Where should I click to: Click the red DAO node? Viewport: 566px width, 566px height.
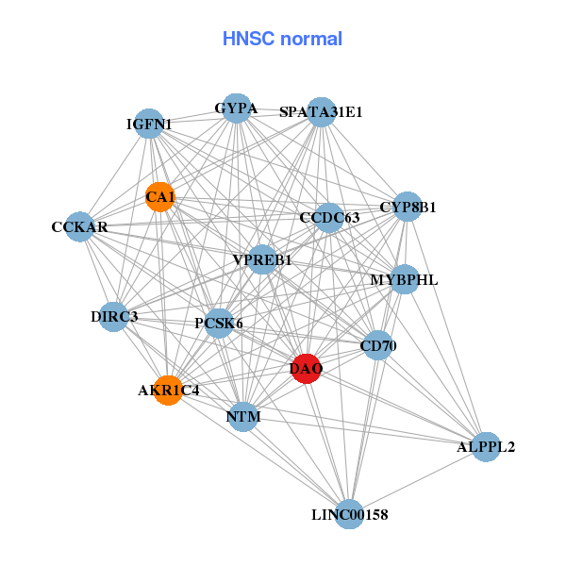[x=306, y=369]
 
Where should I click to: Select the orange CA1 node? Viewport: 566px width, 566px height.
[x=160, y=196]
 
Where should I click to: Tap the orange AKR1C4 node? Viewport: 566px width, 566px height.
[x=168, y=390]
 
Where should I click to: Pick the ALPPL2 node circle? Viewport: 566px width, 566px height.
[x=485, y=446]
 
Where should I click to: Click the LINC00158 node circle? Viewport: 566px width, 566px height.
[x=350, y=514]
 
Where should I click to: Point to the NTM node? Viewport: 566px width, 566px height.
[x=243, y=416]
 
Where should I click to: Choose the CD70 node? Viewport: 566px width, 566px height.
[x=377, y=346]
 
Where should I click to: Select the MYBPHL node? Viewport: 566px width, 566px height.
[x=404, y=279]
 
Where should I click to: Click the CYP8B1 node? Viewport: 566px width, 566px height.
[x=408, y=207]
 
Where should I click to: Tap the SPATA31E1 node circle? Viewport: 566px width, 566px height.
[x=322, y=111]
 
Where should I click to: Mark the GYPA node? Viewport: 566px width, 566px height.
[x=236, y=108]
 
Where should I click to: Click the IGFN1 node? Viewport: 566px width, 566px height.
[x=150, y=124]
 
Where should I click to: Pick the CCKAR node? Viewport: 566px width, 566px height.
[x=80, y=227]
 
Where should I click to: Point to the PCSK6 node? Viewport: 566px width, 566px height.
[x=219, y=324]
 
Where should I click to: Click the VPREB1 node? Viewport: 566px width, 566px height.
[x=262, y=259]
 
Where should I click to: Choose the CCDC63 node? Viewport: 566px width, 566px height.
[x=329, y=218]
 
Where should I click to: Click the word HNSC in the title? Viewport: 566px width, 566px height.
[x=246, y=39]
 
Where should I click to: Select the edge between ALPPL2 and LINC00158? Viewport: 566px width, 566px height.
[x=418, y=480]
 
